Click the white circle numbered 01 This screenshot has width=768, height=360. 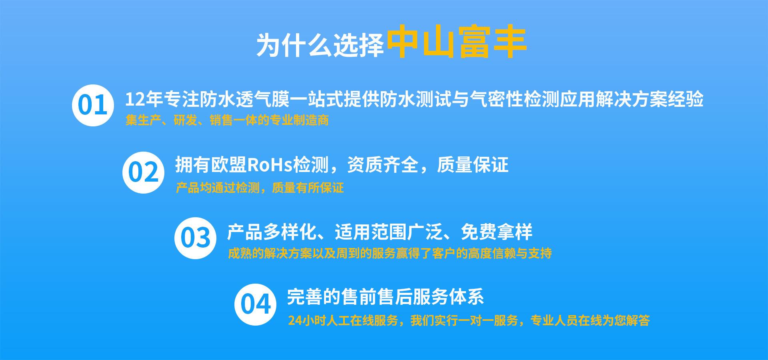coord(93,105)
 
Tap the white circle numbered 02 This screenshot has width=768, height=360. coord(143,172)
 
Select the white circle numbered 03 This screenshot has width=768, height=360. coord(195,238)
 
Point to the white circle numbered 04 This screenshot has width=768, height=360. coord(255,304)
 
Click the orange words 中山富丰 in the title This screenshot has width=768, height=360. coord(456,43)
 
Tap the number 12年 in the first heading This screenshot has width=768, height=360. coord(144,99)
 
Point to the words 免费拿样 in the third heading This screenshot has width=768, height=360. coord(496,232)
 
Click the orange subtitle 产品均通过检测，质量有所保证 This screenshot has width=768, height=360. coord(260,188)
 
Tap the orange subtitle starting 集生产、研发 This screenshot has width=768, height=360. coord(227,120)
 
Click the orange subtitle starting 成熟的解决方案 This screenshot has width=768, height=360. coord(390,253)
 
